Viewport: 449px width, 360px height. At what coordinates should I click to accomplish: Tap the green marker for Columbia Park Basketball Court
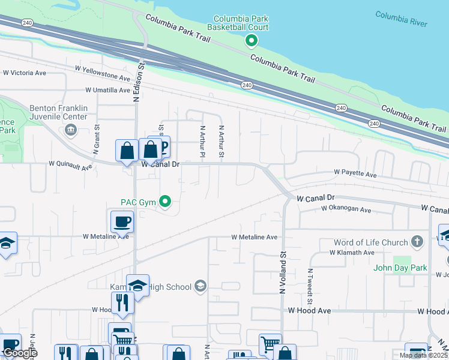[x=252, y=41]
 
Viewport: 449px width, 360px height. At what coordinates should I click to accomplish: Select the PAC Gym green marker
[x=167, y=202]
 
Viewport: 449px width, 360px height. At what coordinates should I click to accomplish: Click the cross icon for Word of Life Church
[x=418, y=242]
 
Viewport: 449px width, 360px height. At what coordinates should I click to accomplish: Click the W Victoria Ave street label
[x=25, y=73]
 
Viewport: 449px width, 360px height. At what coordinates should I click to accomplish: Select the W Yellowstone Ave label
[x=103, y=78]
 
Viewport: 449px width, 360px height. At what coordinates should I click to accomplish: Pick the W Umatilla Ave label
[x=107, y=90]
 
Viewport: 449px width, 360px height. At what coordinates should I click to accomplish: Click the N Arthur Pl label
[x=202, y=142]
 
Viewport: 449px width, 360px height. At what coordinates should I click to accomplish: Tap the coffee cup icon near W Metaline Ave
[x=121, y=221]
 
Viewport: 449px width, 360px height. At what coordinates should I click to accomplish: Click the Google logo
[x=19, y=353]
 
